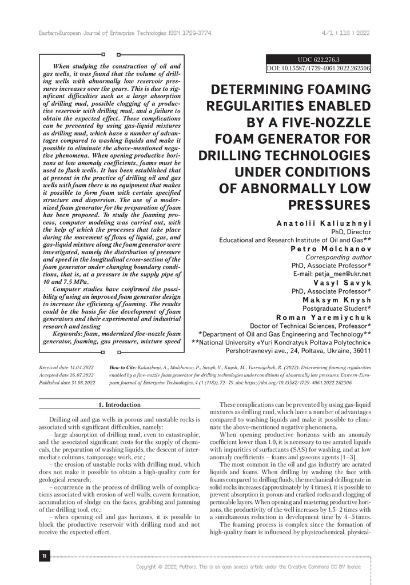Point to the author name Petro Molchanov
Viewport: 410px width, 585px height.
pos(332,249)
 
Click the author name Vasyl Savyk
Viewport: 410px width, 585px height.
pos(343,282)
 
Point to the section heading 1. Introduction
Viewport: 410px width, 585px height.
pos(120,404)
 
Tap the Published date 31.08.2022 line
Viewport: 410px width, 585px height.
pos(67,382)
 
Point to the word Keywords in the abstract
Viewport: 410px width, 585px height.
pos(67,333)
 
